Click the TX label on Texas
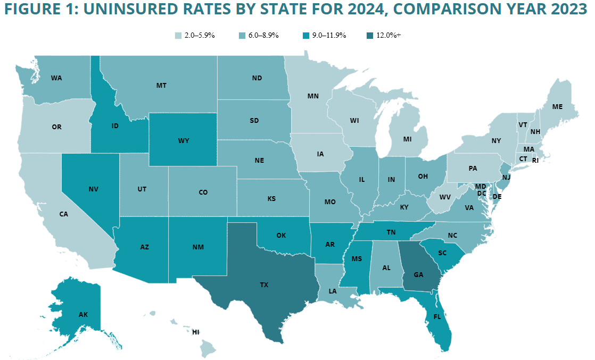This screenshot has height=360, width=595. click(x=264, y=284)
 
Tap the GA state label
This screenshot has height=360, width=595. click(x=418, y=274)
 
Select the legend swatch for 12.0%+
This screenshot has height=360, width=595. click(x=370, y=36)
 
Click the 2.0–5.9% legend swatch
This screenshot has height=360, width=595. click(x=178, y=36)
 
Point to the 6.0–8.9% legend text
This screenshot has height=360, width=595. click(x=263, y=36)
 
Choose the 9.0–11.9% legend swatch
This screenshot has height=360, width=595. click(x=306, y=36)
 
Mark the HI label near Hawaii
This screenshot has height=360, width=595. click(x=196, y=332)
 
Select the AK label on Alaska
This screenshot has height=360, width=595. click(x=83, y=314)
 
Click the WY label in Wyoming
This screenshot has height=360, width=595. click(x=184, y=141)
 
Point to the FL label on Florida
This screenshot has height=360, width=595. click(x=437, y=316)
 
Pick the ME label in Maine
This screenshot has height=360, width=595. click(x=557, y=107)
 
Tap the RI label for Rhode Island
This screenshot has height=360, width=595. click(x=535, y=161)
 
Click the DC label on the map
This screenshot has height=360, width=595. click(x=482, y=194)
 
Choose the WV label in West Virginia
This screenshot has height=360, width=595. click(x=445, y=197)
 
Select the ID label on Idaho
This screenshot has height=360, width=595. click(x=115, y=126)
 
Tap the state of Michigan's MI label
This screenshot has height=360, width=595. click(x=408, y=139)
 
